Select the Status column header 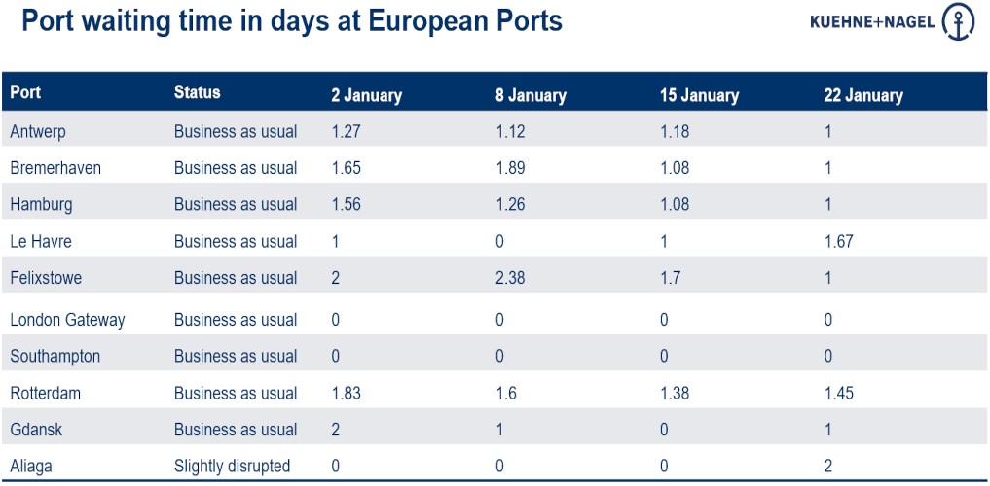198,93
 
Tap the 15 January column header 699,95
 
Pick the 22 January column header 863,95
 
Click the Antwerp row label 38,131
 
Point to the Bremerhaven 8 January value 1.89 510,168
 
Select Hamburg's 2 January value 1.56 346,204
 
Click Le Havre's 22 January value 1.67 838,241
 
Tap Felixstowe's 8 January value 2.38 510,278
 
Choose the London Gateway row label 67,320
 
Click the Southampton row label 55,356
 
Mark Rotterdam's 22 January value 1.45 838,393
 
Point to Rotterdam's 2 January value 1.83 346,393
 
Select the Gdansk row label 36,430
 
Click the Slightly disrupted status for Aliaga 232,467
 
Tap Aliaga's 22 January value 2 828,467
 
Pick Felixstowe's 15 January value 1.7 671,278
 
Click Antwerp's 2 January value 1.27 346,131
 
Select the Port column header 25,93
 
